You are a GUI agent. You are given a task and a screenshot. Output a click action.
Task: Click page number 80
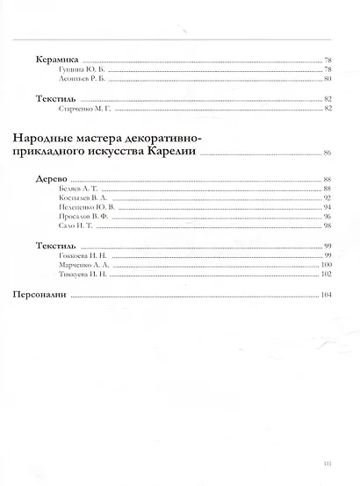[x=327, y=78]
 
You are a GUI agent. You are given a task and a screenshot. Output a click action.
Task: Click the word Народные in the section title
[x=51, y=139]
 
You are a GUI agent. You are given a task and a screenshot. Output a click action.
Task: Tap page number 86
[x=327, y=154]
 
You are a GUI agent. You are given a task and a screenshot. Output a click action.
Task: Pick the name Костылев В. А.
[x=80, y=199]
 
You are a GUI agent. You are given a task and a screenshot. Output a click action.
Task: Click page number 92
[x=327, y=199]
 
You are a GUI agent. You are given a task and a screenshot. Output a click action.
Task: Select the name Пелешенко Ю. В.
[x=83, y=208]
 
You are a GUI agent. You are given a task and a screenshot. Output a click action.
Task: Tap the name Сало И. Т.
[x=73, y=226]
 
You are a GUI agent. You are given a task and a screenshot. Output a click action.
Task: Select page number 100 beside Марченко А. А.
[x=326, y=264]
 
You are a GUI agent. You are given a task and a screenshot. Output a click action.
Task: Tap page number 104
[x=326, y=296]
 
